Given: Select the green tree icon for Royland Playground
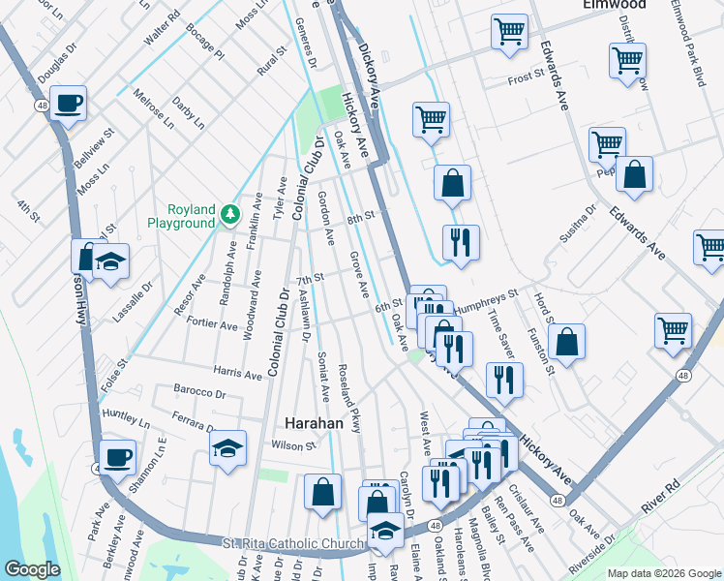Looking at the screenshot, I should [x=228, y=213].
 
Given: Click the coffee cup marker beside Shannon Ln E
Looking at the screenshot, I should [x=118, y=456].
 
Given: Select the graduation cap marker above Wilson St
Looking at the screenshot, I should [x=227, y=447].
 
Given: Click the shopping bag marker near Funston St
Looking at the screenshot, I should [x=566, y=341].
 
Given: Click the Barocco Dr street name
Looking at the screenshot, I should [x=199, y=394].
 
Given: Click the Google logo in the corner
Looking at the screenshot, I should [x=32, y=569].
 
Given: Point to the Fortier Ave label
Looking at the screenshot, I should [x=213, y=326].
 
